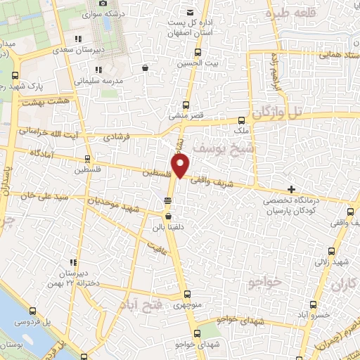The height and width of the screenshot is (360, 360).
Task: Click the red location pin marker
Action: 181,166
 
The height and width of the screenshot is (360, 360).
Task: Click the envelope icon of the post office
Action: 189,12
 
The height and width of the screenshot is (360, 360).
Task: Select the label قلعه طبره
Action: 288,13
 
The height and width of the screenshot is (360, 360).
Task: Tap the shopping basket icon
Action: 145,68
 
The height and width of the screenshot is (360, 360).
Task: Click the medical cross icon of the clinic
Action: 291,189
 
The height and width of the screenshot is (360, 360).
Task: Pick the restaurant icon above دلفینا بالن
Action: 167,202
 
